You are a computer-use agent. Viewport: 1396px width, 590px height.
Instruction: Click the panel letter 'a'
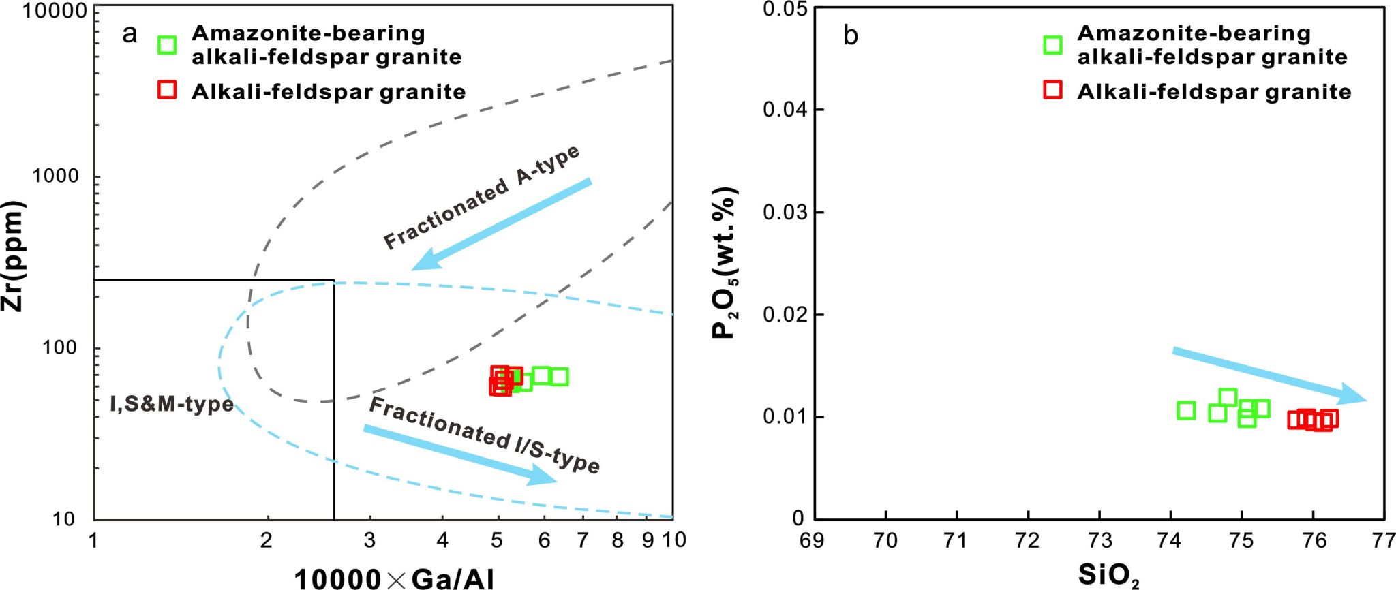pos(129,33)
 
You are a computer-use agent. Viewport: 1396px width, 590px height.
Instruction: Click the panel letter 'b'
pos(850,35)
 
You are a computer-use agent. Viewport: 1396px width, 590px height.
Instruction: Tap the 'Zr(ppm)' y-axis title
pos(14,256)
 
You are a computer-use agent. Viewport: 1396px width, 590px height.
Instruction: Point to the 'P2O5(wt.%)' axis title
pos(725,263)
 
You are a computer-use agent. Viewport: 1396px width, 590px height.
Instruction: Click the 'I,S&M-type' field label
pos(172,404)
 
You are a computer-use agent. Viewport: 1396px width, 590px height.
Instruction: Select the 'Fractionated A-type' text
pos(481,197)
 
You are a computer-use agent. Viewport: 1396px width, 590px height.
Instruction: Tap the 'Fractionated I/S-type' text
pos(484,435)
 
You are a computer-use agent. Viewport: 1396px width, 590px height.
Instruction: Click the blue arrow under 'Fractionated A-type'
pos(501,224)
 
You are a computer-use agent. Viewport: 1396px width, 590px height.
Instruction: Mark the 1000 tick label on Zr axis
pos(56,176)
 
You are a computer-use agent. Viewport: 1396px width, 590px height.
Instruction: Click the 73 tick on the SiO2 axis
pos(1099,541)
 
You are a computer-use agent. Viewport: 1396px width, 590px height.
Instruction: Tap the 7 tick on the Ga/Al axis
pos(583,541)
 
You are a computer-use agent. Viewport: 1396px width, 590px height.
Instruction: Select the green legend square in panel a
pos(167,45)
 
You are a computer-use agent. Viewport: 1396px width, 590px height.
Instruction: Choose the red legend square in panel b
pos(1053,91)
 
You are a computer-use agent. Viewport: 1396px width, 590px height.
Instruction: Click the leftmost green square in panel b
pos(1186,410)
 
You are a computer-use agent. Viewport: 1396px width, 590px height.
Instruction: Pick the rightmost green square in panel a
pos(559,376)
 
